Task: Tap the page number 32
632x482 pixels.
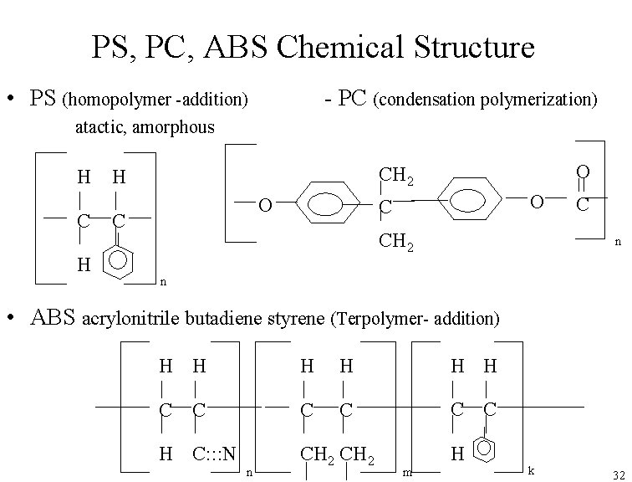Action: (618, 474)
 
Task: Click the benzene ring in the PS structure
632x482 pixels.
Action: (119, 264)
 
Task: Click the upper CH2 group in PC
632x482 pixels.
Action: (396, 176)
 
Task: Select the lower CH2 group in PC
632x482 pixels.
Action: (396, 243)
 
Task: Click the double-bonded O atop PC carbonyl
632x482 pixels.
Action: (583, 172)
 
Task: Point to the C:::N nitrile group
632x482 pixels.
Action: (215, 453)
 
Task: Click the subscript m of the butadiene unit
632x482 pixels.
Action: (407, 473)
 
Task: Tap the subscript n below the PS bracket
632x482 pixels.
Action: (163, 281)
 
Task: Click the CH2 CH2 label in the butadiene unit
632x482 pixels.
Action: (338, 454)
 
